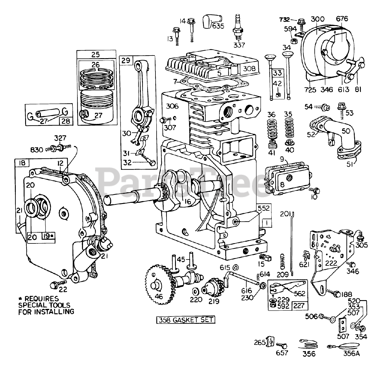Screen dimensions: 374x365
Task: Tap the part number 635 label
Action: (x=218, y=26)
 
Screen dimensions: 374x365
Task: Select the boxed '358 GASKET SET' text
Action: (x=186, y=320)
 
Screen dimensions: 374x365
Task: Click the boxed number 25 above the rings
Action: (x=96, y=55)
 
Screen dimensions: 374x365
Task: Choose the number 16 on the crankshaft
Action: (x=188, y=202)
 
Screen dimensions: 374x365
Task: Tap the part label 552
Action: (x=264, y=208)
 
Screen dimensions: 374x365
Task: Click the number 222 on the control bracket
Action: (x=331, y=263)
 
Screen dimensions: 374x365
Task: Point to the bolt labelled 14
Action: (x=191, y=30)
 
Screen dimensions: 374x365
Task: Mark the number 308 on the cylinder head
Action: (x=249, y=69)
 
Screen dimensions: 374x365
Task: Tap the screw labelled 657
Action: (x=282, y=346)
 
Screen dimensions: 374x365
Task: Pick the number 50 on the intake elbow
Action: (x=346, y=131)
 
